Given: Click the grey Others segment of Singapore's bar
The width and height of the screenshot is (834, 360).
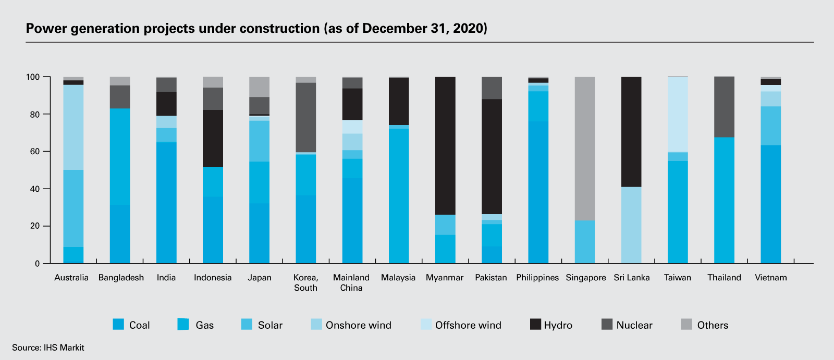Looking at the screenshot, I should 584,148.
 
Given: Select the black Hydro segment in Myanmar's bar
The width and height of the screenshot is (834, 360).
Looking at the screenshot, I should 445,146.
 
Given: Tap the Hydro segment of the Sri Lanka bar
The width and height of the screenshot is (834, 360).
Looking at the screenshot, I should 631,132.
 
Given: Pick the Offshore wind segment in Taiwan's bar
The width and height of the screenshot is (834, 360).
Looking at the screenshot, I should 678,115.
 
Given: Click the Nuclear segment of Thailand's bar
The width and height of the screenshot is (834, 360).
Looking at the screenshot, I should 724,107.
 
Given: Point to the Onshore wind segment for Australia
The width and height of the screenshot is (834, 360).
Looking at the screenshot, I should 73,127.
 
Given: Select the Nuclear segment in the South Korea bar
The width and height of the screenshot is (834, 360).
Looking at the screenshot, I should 305,117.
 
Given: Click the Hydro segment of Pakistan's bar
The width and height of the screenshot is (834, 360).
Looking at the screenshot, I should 492,156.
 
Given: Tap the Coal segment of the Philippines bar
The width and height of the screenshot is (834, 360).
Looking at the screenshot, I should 538,192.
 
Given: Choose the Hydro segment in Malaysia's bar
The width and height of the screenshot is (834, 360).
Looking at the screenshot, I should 399,101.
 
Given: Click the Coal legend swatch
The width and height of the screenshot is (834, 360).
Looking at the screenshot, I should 118,325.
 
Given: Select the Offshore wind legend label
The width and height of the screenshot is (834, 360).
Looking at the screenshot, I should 468,325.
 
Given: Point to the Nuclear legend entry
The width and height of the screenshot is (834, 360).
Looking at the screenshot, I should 634,325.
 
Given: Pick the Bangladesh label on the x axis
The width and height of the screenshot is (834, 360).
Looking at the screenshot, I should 121,278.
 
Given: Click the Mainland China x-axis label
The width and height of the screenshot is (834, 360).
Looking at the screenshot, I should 351,282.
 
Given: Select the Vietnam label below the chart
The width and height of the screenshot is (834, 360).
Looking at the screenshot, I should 770,278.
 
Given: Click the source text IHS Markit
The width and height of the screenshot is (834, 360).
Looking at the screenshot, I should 64,347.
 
